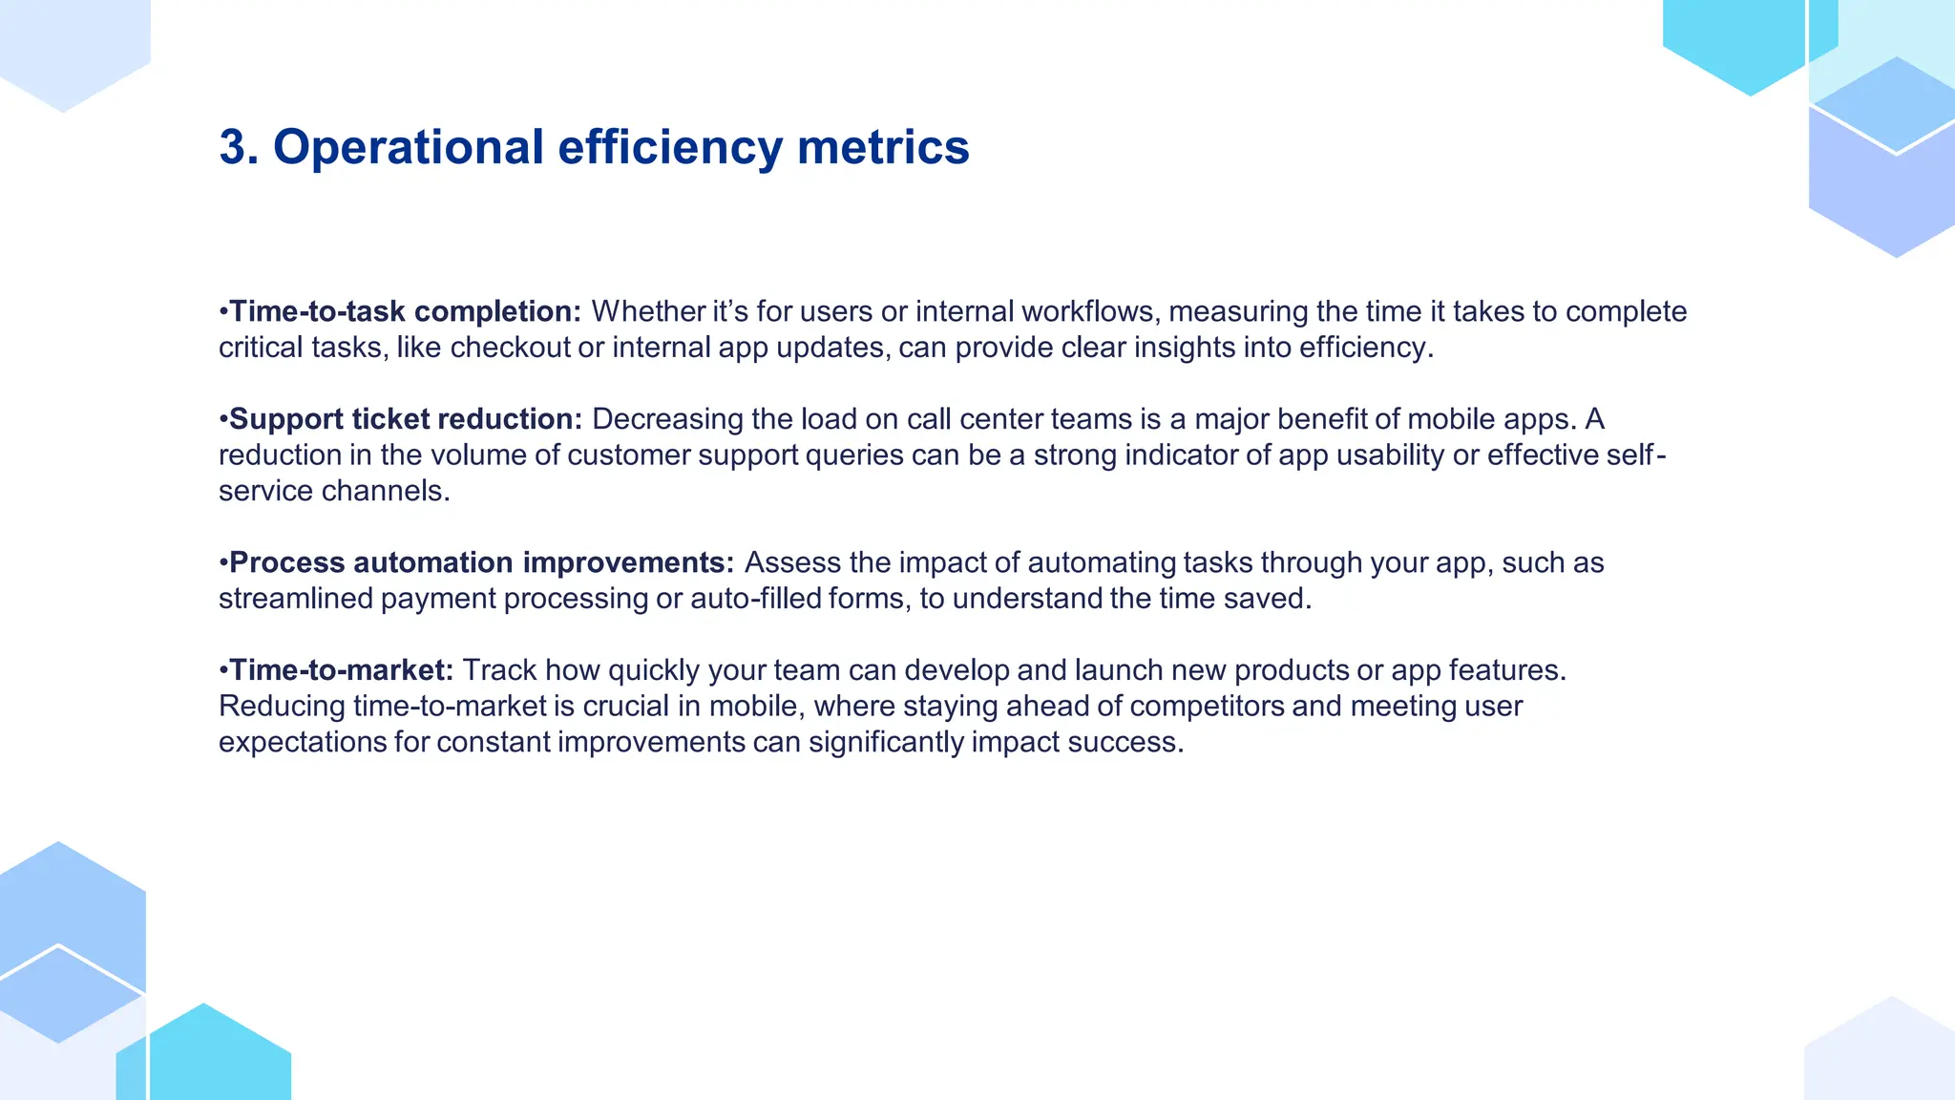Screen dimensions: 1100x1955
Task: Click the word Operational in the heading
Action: click(409, 148)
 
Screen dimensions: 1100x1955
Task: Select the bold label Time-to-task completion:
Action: click(405, 311)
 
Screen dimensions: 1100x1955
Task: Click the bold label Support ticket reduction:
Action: click(406, 419)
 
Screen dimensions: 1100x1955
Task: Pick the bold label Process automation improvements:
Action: click(481, 562)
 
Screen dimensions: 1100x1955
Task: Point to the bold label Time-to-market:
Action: click(341, 670)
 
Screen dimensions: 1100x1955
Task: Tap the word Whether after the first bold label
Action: click(648, 311)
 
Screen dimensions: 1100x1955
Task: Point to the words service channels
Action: click(333, 491)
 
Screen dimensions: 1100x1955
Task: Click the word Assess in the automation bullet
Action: click(791, 562)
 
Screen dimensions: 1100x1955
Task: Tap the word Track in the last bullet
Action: click(499, 670)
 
